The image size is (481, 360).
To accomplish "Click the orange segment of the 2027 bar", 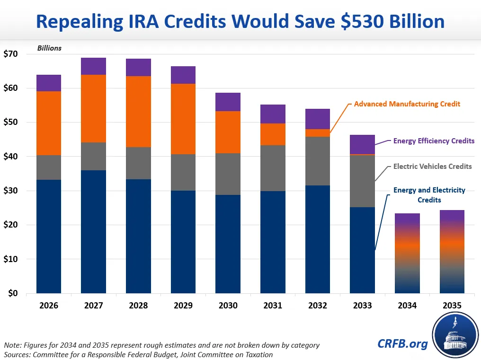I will point(93,108).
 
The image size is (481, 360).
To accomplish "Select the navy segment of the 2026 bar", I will point(49,236).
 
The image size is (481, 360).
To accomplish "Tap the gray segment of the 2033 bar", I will point(362,181).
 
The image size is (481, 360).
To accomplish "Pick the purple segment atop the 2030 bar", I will point(228,102).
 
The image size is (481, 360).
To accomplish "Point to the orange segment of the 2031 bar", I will point(273,134).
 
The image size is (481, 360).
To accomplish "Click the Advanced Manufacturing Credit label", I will point(407,104).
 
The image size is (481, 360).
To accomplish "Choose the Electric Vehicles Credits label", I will point(432,167).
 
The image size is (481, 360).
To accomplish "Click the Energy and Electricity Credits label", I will point(429,195).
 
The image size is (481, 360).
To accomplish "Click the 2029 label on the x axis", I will point(183,306).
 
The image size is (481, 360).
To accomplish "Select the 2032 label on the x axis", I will point(318,306).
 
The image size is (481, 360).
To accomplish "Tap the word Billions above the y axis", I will point(49,48).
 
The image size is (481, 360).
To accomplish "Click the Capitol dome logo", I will point(454,335).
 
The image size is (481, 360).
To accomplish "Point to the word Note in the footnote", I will point(13,345).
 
